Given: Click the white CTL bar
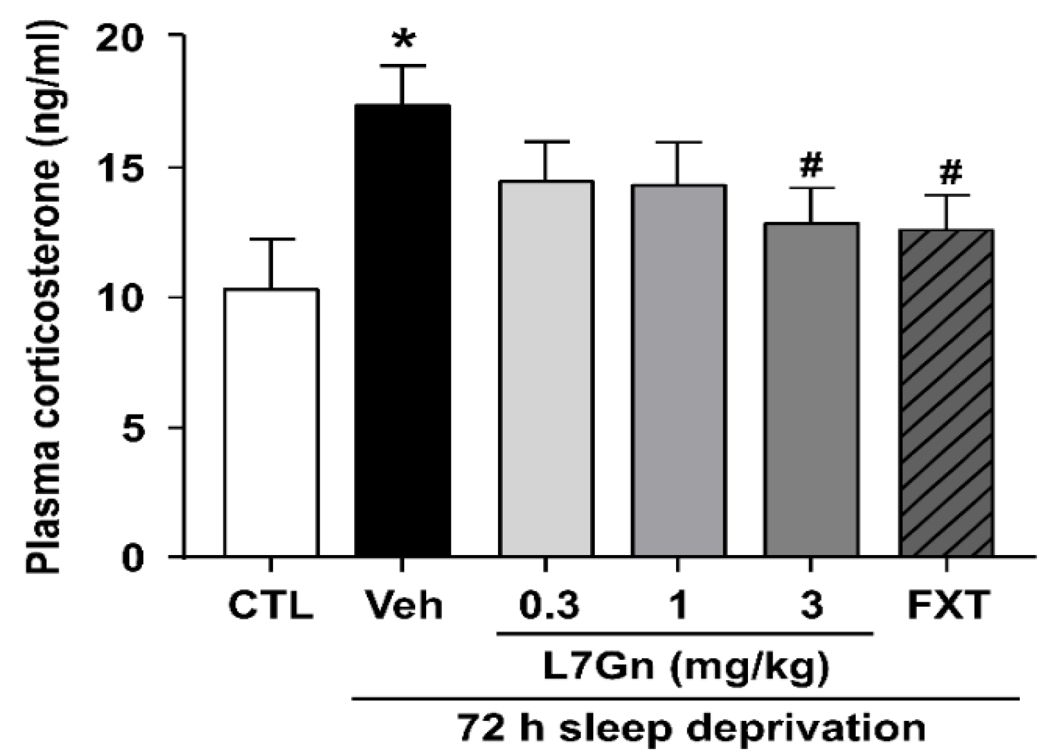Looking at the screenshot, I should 271,423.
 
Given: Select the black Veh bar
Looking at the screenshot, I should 402,331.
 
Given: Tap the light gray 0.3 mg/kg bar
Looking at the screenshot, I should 546,368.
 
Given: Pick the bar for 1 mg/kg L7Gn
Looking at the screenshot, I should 678,371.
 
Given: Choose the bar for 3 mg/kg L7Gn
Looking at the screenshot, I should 811,390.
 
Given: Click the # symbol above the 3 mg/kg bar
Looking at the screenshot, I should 811,166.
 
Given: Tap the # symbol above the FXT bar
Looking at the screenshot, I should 950,173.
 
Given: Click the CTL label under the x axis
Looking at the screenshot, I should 271,606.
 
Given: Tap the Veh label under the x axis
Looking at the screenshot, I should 404,606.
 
